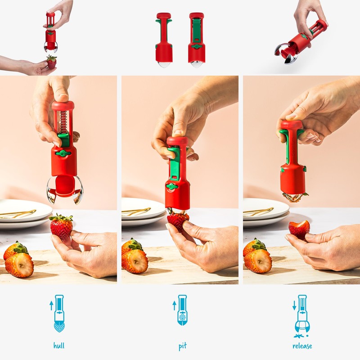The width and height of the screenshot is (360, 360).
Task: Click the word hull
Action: coord(58,346)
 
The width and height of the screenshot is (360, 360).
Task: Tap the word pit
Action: coord(182,346)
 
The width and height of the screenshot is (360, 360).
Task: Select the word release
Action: coord(301,346)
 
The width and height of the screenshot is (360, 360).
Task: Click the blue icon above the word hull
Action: coord(59,313)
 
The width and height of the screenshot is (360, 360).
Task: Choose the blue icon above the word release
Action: coord(301,315)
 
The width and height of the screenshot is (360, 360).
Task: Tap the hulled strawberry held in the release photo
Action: coord(299,229)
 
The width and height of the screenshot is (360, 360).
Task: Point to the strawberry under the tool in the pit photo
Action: coord(178,221)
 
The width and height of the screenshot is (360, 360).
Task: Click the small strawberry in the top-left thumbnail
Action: coord(52,62)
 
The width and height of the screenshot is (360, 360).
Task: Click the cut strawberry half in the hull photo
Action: coord(19,265)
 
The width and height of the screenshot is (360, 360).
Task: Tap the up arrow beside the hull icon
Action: coord(51,306)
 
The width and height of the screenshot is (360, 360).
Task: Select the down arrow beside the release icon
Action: coord(294,306)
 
